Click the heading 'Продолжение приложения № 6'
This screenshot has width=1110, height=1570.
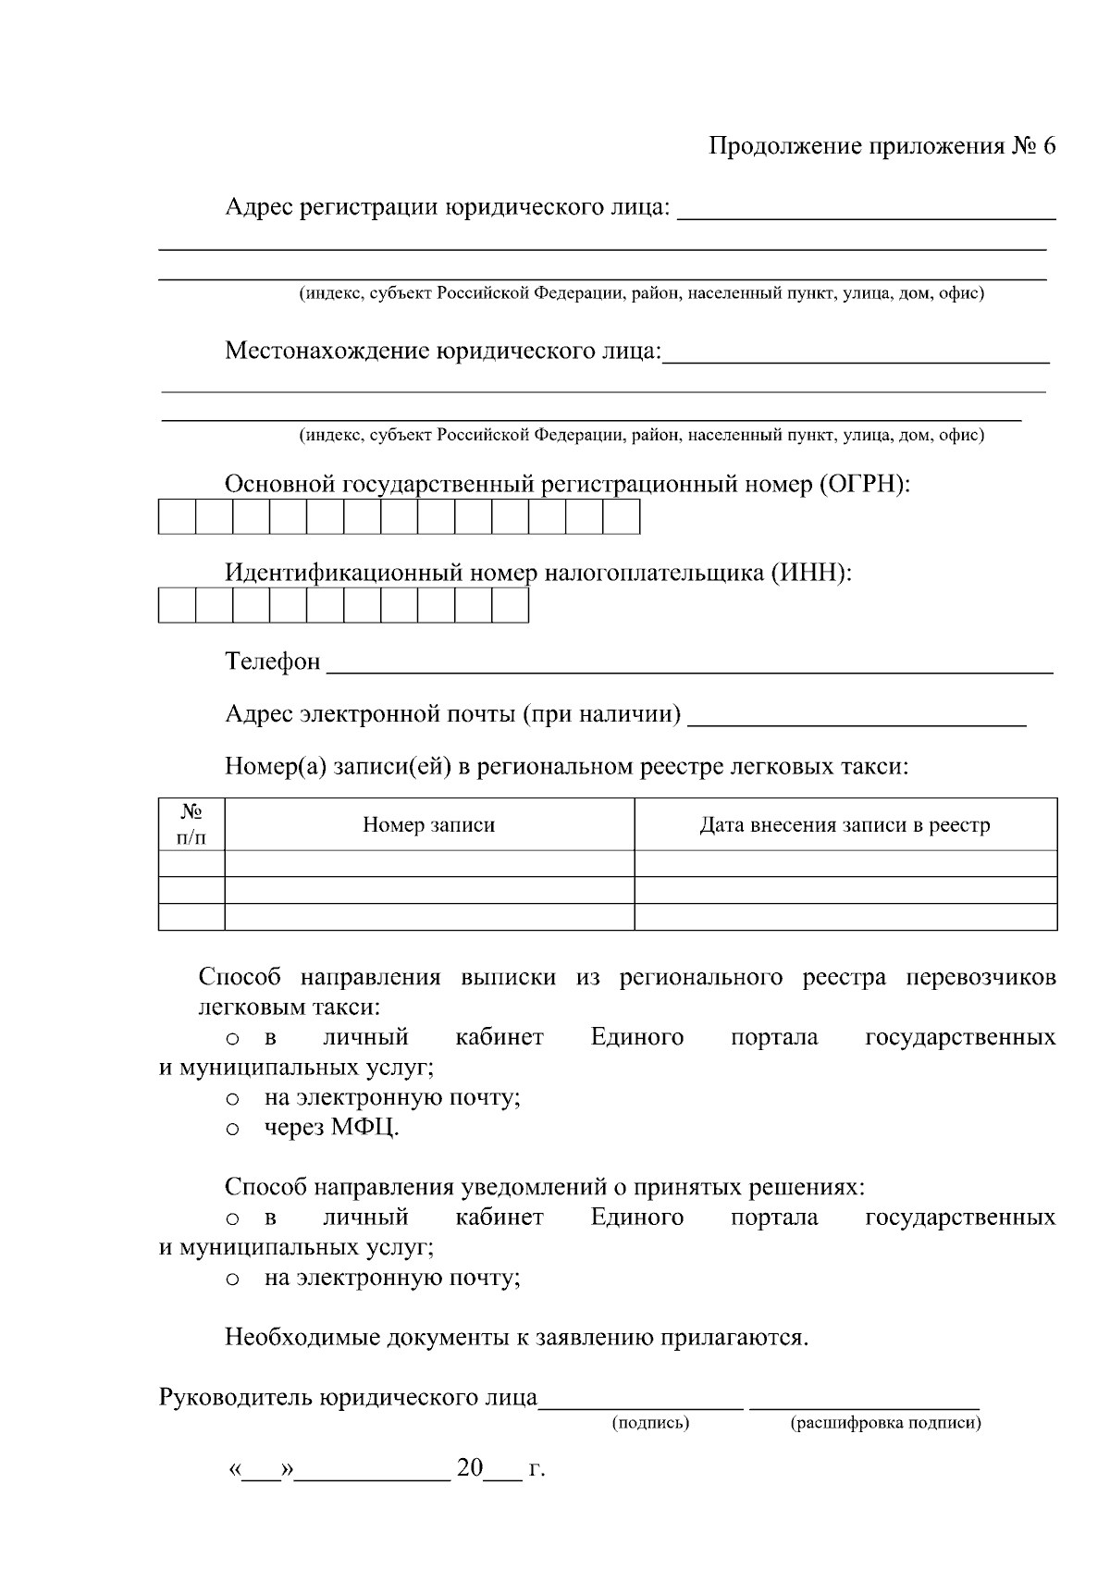coord(882,146)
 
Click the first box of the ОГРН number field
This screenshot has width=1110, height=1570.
coord(177,517)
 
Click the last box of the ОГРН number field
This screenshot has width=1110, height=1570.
coord(621,517)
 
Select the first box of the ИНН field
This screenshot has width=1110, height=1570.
coord(177,606)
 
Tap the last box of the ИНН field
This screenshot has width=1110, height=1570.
coord(510,606)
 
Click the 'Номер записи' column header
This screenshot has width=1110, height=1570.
coord(428,824)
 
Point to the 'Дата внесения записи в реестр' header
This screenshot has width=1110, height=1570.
coord(845,824)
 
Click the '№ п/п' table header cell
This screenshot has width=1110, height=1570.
coord(191,824)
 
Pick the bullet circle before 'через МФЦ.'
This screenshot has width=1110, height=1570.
coord(233,1130)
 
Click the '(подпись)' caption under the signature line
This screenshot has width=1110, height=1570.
coord(650,1422)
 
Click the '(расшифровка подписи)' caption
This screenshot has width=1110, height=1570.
coord(885,1422)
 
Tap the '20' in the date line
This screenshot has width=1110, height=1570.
coord(470,1468)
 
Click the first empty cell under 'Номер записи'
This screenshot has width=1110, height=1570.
coord(428,863)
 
